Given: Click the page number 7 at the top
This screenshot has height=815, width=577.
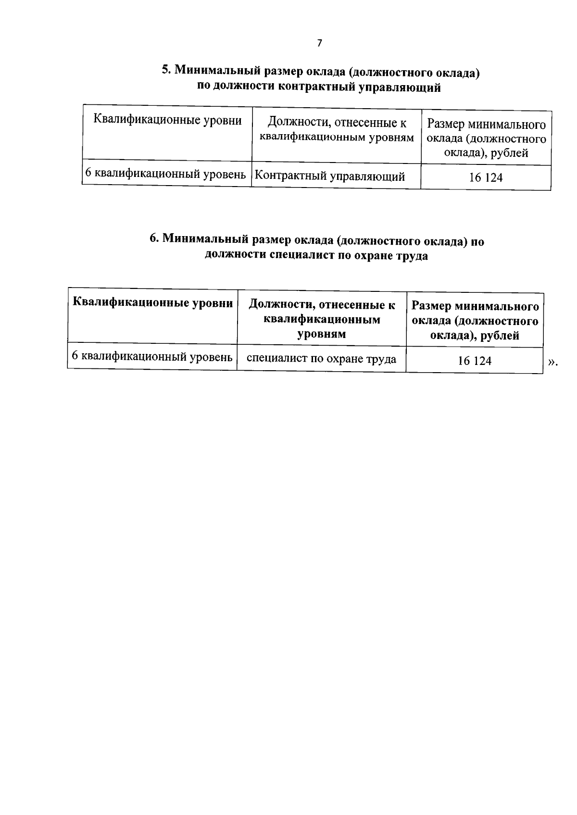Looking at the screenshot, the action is point(319,43).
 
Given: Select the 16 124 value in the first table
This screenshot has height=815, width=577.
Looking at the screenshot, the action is point(486,177).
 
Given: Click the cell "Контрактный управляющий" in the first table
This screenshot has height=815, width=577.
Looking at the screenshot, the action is point(329,176).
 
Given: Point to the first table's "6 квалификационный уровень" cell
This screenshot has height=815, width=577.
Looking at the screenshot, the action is point(165,174).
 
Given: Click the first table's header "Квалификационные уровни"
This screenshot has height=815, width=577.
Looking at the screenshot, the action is point(167,120).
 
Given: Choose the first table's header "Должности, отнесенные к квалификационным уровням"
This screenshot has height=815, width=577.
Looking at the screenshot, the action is point(337,130).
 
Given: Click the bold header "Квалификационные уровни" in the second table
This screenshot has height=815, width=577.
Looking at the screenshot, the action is point(152,303).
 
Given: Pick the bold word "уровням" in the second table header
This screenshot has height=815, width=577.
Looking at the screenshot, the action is point(322,334).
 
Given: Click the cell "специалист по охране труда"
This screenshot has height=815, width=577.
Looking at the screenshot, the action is point(321,359).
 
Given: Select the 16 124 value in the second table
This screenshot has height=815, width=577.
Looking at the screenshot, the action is point(475,361).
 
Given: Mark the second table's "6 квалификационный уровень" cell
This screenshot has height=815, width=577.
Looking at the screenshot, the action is point(152,357).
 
